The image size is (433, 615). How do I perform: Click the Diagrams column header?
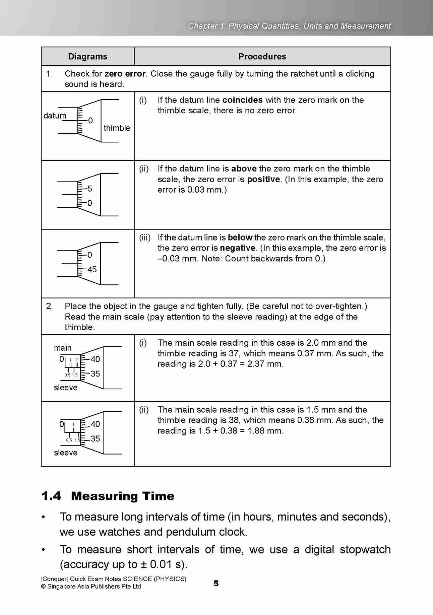87,56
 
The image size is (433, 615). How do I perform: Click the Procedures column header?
262,56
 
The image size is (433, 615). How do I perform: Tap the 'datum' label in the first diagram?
55,116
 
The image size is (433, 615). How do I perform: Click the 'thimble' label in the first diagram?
117,128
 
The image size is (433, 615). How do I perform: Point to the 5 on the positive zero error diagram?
89,189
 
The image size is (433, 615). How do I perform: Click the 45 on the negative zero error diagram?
92,269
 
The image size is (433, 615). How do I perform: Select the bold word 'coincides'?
242,100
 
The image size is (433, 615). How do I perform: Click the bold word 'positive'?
263,179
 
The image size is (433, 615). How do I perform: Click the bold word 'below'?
240,237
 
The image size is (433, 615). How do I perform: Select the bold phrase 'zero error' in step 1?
125,74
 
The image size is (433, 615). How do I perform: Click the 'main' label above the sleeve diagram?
63,348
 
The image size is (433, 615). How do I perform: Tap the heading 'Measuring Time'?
123,496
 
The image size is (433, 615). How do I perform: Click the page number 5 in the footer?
216,583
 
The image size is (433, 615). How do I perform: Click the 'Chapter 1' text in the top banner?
205,26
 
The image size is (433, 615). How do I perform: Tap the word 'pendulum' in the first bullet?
191,532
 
